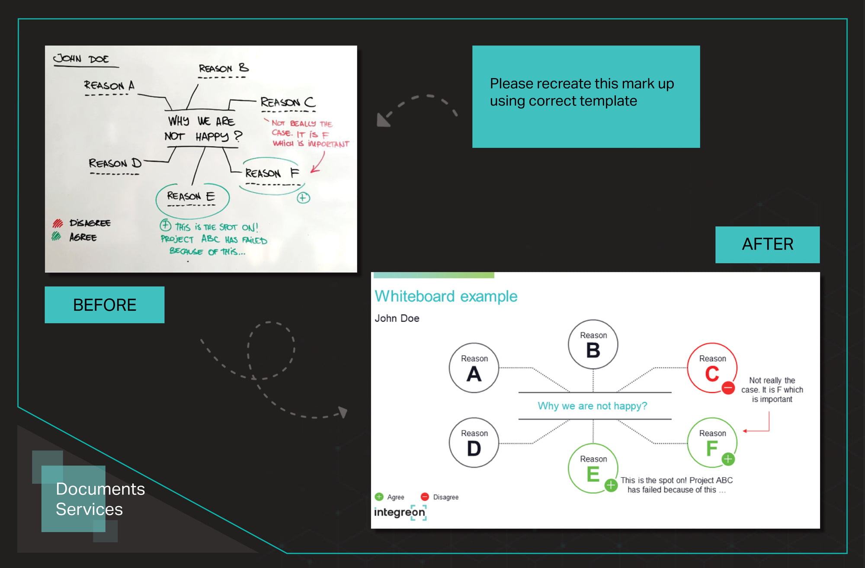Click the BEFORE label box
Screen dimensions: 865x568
[104, 305]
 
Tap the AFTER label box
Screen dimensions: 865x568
[767, 244]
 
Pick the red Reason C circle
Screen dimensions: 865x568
[688, 368]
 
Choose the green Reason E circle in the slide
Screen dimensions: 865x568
[569, 469]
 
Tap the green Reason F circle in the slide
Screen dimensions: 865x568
[688, 443]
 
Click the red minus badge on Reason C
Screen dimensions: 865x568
[728, 388]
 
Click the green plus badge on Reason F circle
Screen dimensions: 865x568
[728, 459]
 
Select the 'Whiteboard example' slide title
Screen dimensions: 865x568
[446, 296]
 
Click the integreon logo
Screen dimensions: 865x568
[400, 512]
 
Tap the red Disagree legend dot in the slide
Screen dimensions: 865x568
[425, 497]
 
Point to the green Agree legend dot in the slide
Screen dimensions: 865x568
[379, 497]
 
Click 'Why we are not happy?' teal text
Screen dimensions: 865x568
[593, 406]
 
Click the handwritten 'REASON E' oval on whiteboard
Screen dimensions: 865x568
[156, 200]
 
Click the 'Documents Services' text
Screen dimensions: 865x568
[100, 499]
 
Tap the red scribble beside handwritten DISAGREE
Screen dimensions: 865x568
[58, 223]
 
